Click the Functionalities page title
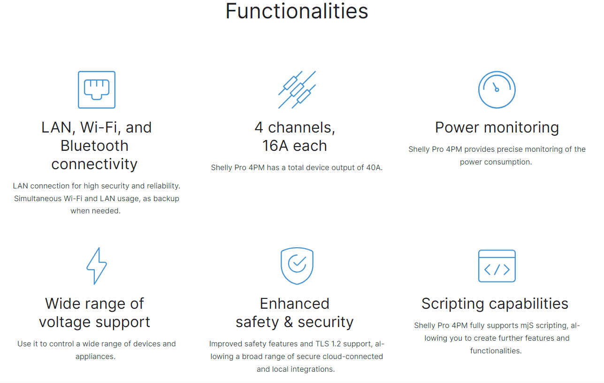(x=297, y=11)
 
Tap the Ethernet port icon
(x=97, y=90)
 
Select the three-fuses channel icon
(x=297, y=90)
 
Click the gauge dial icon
(x=497, y=90)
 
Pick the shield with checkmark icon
(x=297, y=266)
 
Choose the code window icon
(x=497, y=266)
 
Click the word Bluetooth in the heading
(x=94, y=146)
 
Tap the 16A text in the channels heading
(x=275, y=146)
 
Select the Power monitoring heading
(x=497, y=127)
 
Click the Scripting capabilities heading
(x=495, y=304)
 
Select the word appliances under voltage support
(x=95, y=357)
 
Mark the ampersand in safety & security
(x=288, y=322)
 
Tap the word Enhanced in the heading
(x=294, y=304)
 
